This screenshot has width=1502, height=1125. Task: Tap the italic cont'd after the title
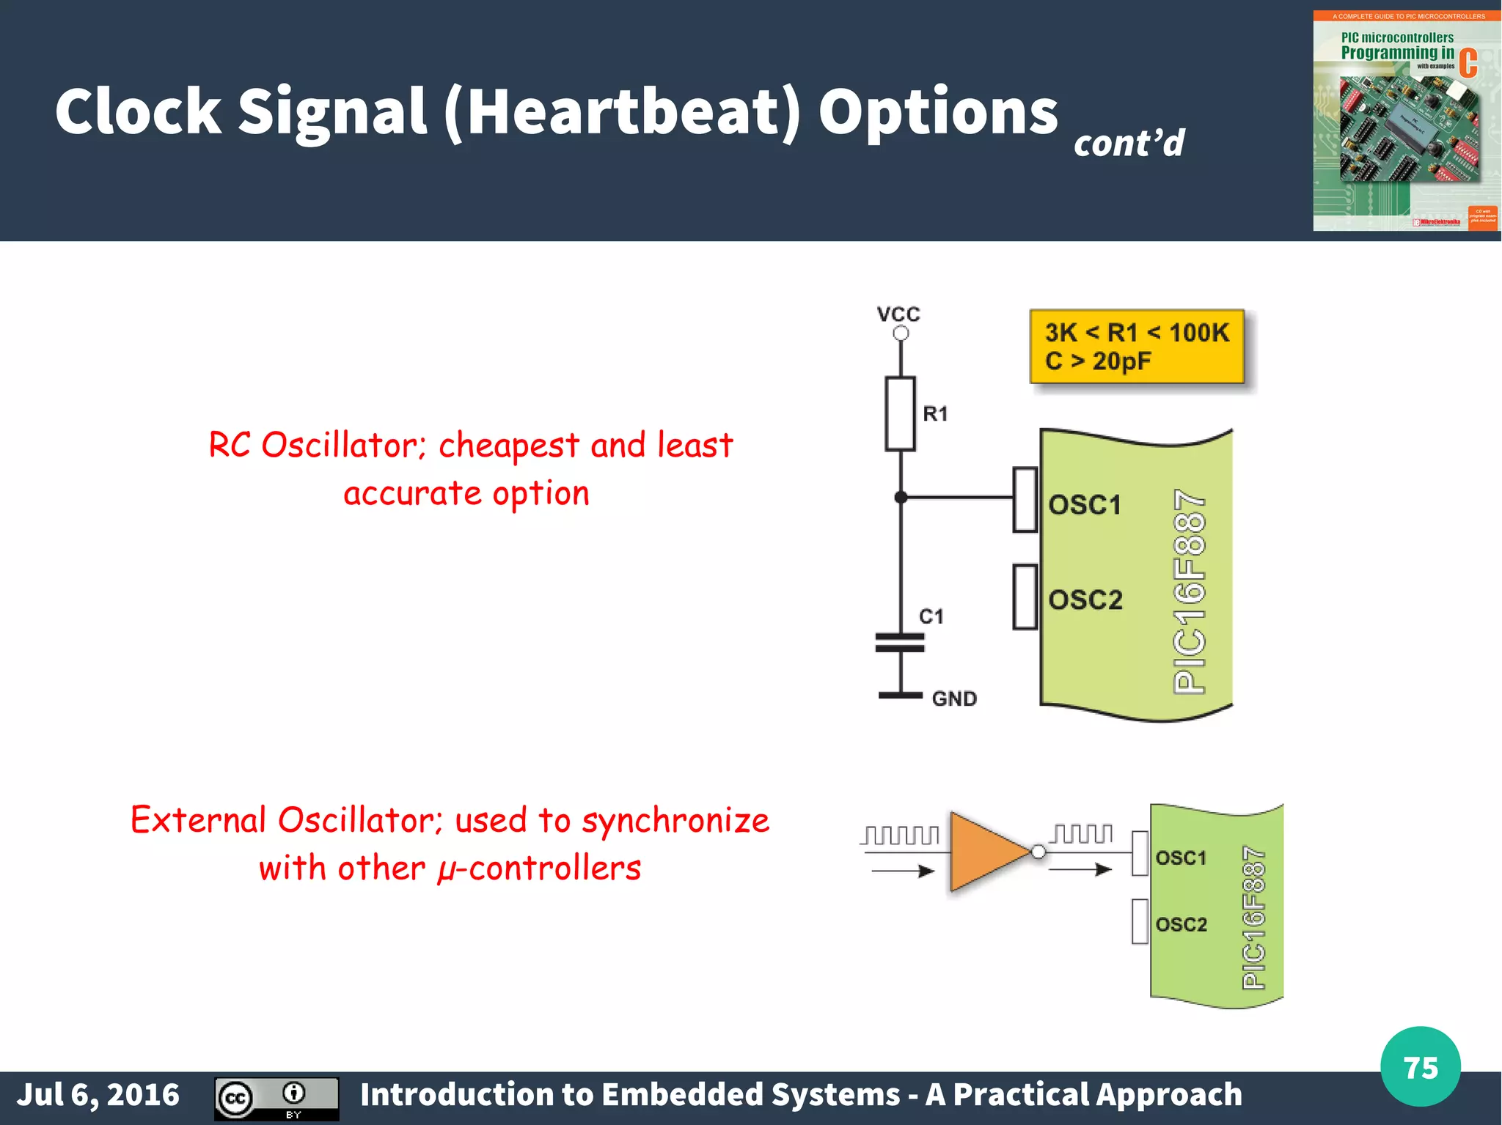tap(1129, 143)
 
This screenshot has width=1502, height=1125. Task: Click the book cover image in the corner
tap(1405, 121)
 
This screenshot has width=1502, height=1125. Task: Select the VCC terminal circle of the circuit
tap(901, 333)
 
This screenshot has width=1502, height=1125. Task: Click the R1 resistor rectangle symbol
tap(900, 414)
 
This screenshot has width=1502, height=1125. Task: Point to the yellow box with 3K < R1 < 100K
tap(1137, 347)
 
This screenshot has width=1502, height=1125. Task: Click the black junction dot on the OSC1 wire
tap(901, 498)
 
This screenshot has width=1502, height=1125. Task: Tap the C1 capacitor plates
tap(900, 643)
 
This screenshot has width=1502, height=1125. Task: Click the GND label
tap(954, 698)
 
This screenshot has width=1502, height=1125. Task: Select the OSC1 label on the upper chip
tap(1085, 505)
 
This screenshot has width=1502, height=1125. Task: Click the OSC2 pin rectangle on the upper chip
tap(1025, 597)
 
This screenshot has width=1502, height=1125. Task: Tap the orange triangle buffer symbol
tap(986, 852)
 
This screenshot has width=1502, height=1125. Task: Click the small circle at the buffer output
tap(1038, 852)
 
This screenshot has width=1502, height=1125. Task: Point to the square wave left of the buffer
tap(901, 836)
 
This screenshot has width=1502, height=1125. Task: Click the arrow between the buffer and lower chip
tap(1081, 870)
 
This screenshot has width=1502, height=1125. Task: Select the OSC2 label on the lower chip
tap(1181, 924)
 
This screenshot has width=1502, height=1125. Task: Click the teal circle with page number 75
tap(1420, 1067)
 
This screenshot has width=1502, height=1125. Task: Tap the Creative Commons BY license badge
tap(276, 1098)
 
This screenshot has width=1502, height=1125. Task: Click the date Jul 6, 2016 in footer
tap(98, 1095)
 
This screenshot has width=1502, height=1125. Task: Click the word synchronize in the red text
tap(675, 820)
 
